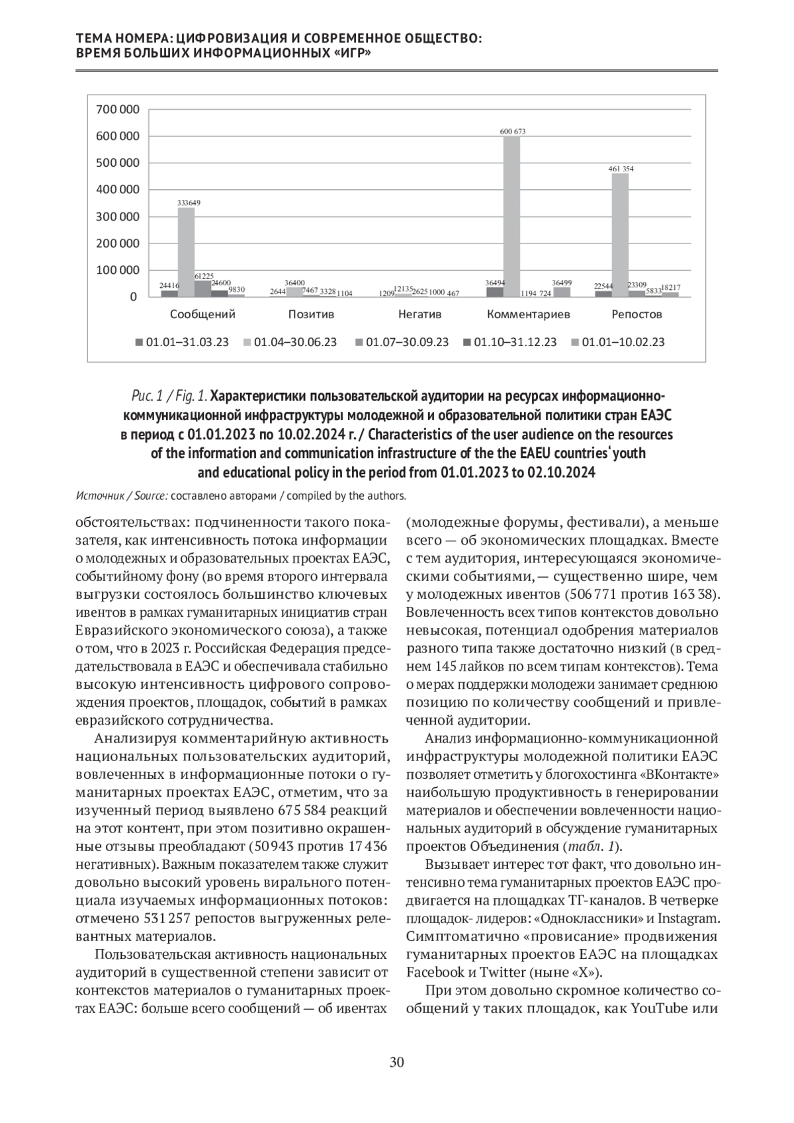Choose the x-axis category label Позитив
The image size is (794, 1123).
[311, 314]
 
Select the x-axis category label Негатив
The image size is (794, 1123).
[419, 314]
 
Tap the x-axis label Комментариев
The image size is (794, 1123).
[528, 314]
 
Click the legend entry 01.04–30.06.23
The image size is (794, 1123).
[294, 342]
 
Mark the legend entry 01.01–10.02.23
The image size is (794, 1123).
[623, 342]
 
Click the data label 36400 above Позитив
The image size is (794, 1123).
[294, 283]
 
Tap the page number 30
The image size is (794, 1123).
[396, 1063]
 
